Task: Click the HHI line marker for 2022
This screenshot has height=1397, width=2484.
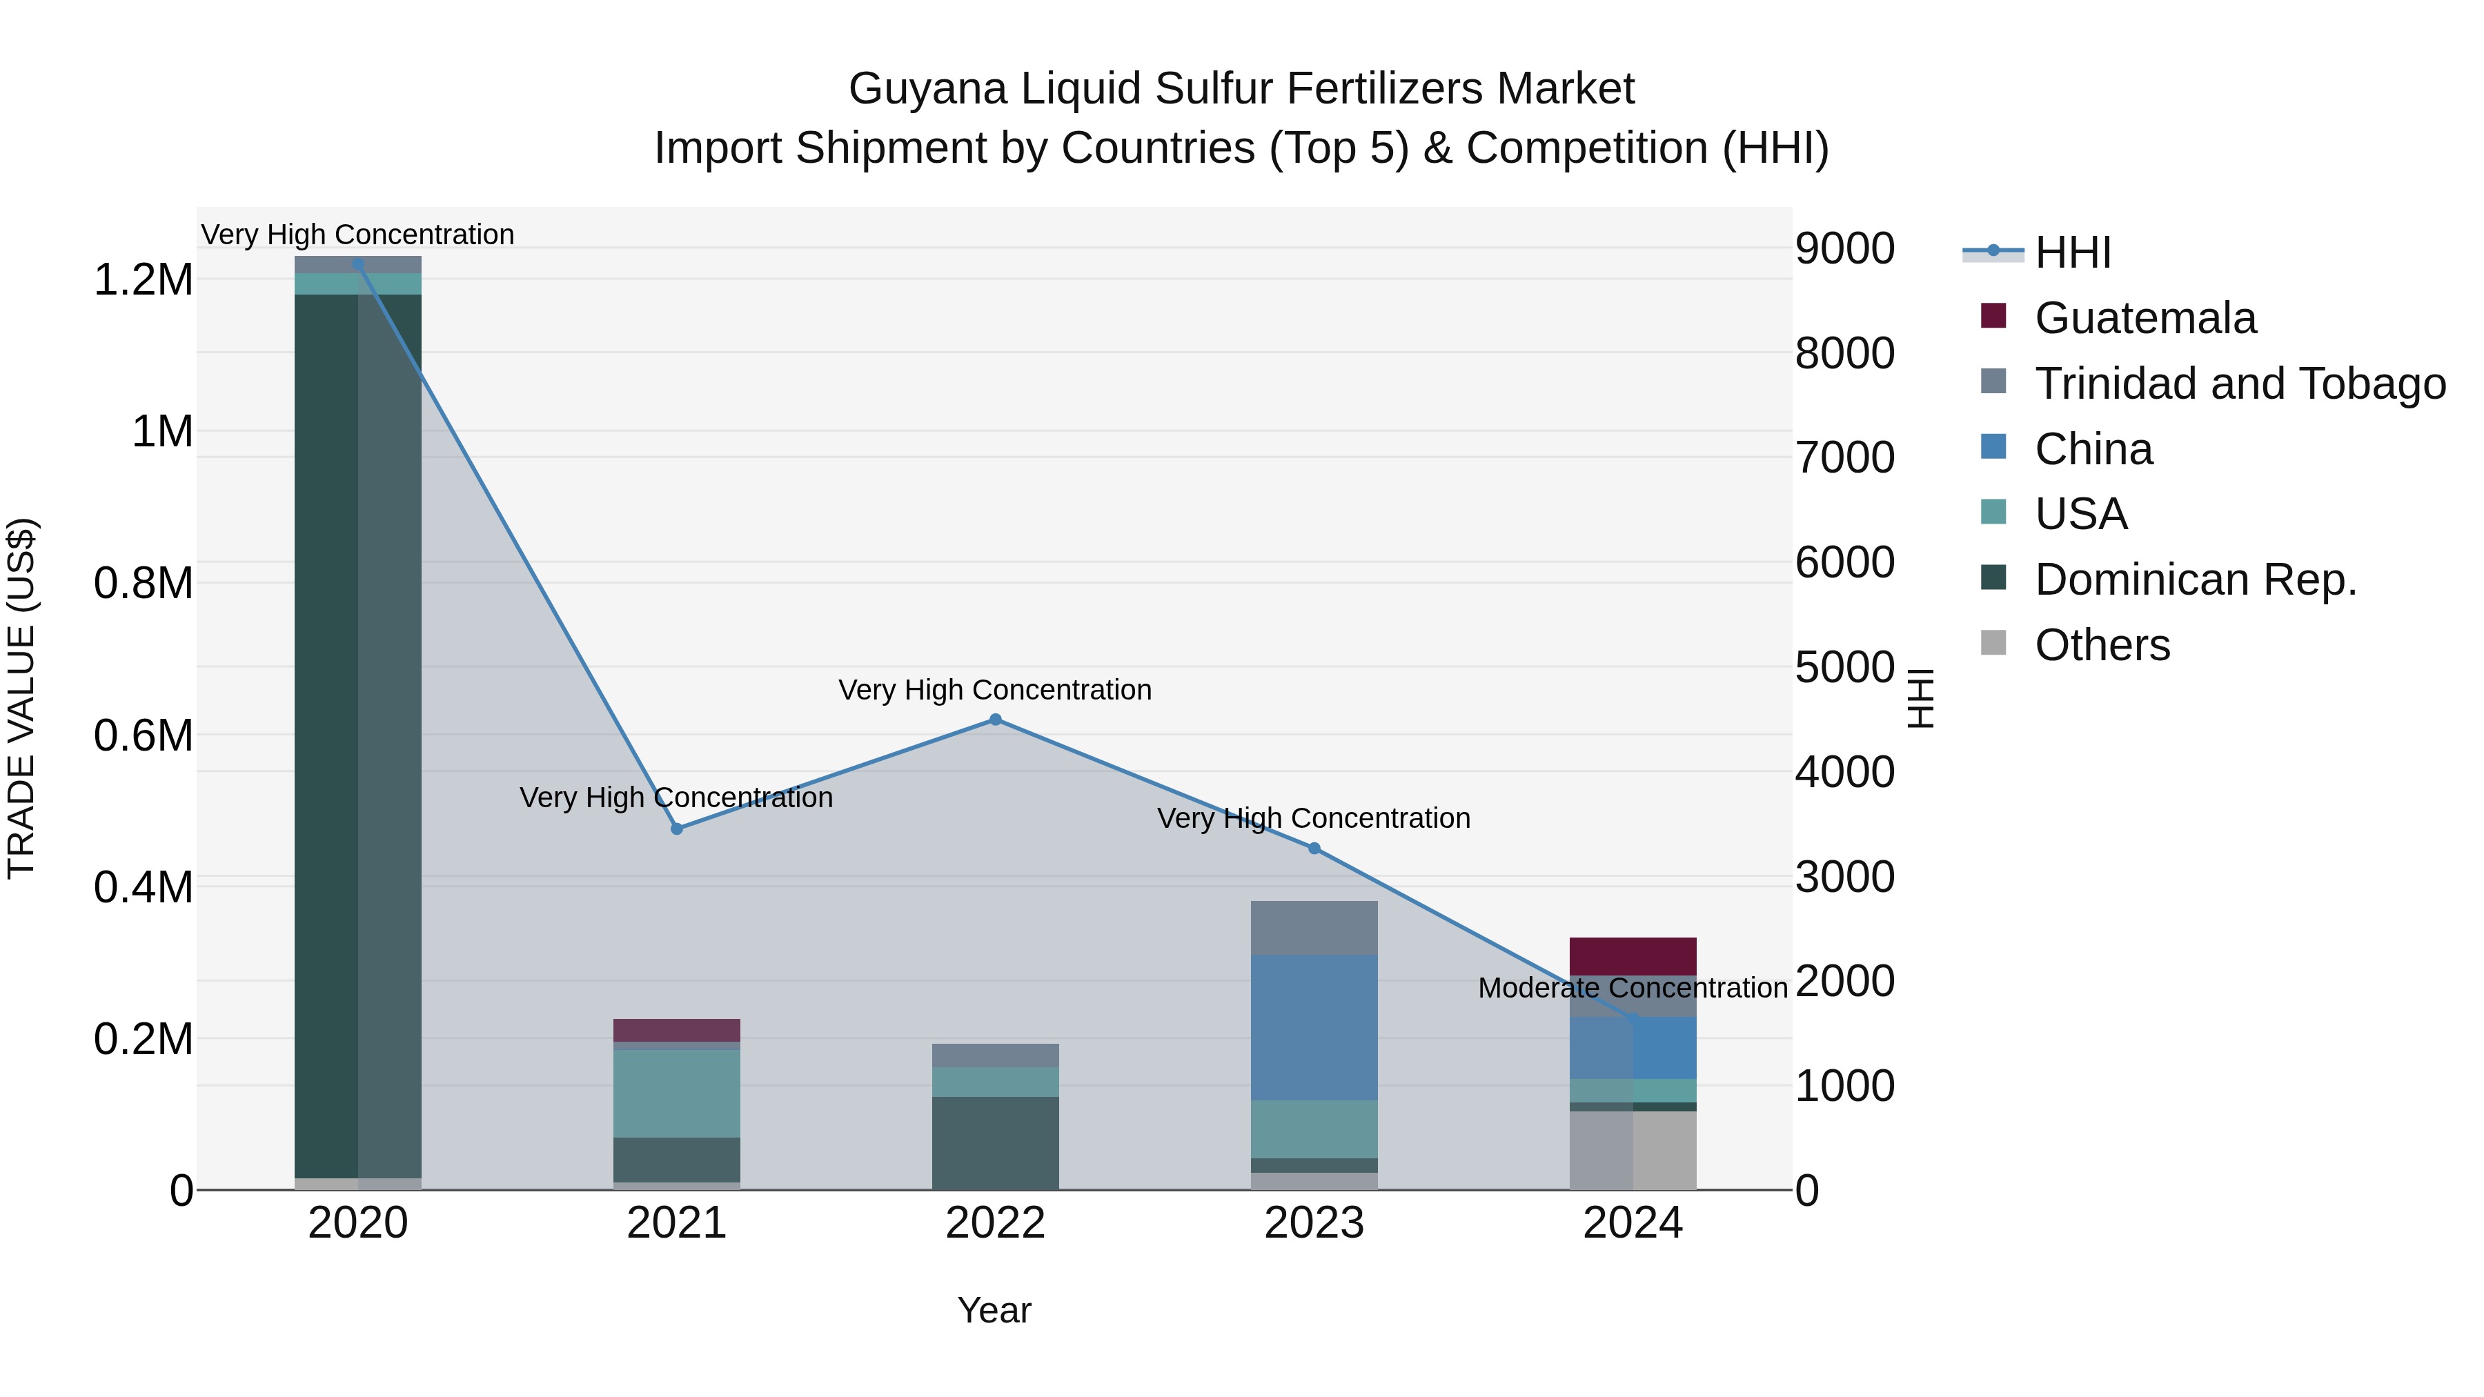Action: (x=995, y=720)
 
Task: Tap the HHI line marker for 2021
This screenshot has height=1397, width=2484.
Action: (x=677, y=829)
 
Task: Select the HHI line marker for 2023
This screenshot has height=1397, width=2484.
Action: (x=1313, y=849)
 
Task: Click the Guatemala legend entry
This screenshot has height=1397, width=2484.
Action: (x=2145, y=318)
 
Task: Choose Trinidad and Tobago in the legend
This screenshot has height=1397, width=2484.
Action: (x=2239, y=384)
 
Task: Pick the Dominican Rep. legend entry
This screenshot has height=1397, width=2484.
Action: (x=2195, y=579)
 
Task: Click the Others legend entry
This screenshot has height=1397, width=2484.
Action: (x=2102, y=645)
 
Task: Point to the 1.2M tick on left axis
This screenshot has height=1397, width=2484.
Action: (x=143, y=281)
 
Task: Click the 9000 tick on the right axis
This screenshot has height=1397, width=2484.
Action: (x=1844, y=249)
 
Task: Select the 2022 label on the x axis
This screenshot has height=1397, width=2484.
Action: (x=995, y=1223)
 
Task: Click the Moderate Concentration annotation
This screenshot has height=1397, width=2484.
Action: (x=1632, y=988)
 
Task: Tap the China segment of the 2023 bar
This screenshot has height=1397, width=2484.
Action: (x=1313, y=1027)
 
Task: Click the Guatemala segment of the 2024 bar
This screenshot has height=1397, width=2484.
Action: (x=1632, y=955)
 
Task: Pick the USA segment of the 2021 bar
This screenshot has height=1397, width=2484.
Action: (x=677, y=1093)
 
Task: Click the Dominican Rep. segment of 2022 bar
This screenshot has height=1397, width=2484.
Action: (x=995, y=1142)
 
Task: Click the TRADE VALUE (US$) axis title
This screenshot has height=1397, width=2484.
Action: (x=21, y=698)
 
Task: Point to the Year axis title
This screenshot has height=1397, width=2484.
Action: (x=994, y=1310)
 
